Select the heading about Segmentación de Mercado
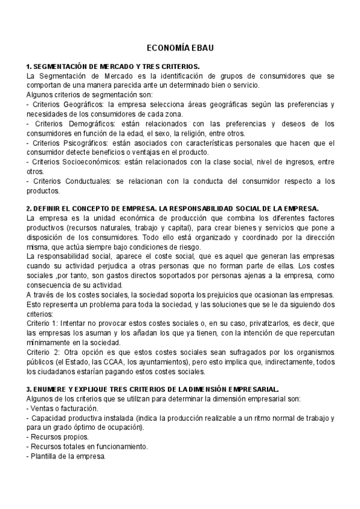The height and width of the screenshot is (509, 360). [x=113, y=67]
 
